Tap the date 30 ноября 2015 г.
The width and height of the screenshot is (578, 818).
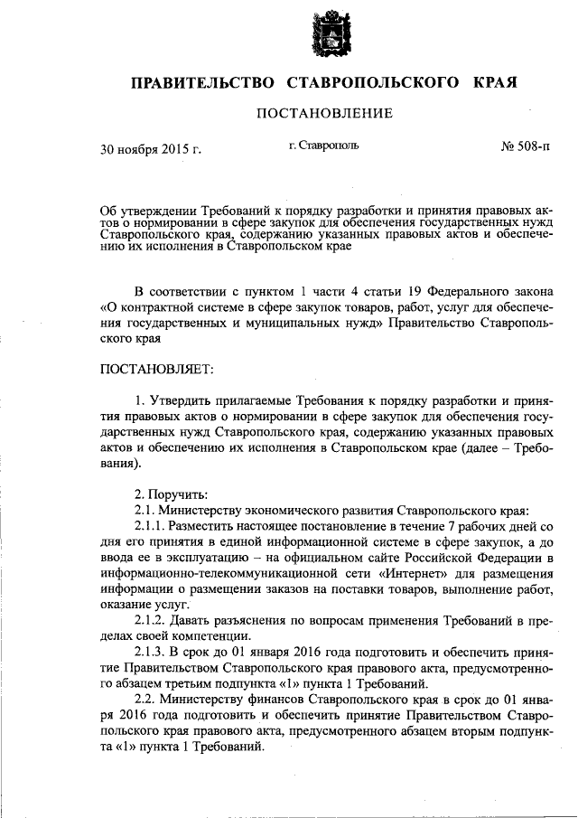[x=150, y=147]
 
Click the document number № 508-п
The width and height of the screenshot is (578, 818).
[x=524, y=146]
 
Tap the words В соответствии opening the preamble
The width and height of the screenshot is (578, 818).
[x=177, y=292]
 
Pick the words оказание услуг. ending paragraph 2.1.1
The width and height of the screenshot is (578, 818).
[x=142, y=606]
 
